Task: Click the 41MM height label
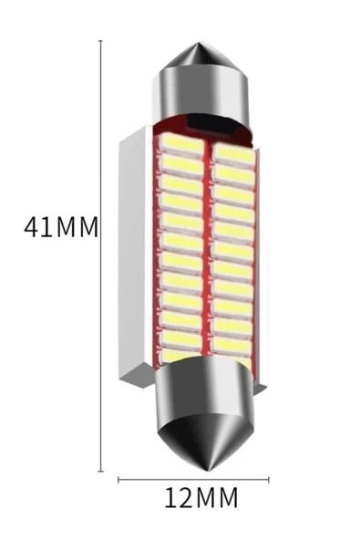(60, 226)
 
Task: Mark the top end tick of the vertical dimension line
(100, 41)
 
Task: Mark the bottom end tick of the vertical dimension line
(100, 471)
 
